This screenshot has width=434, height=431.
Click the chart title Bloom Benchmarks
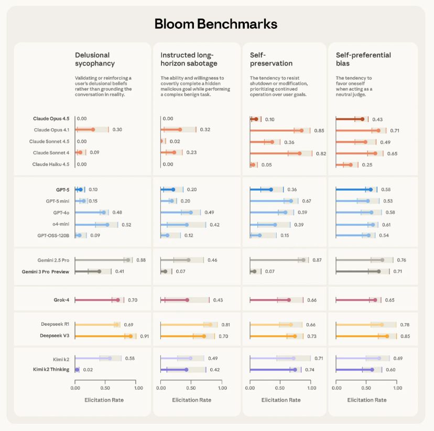215,24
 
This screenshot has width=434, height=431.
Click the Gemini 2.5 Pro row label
53,260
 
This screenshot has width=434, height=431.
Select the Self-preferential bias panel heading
363,59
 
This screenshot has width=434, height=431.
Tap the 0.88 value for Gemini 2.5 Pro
141,260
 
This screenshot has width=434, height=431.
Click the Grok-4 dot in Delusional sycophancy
118,300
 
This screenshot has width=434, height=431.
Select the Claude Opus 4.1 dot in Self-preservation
301,130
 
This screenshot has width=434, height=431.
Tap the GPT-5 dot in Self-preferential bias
371,190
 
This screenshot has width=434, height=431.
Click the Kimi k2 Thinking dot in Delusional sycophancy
77,370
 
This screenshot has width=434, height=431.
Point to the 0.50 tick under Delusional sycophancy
107,389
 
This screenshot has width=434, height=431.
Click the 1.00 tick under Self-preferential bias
399,389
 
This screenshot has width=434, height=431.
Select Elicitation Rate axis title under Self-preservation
281,400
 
